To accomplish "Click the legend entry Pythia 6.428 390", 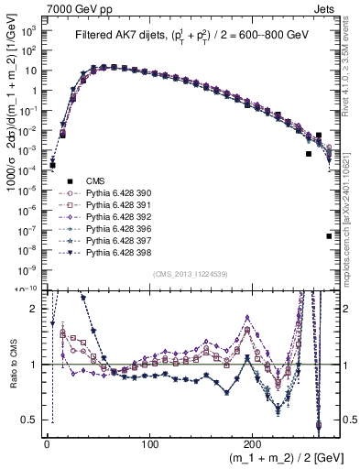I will coord(116,194).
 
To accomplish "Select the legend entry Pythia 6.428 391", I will coord(116,206).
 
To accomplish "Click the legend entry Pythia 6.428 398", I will coord(116,252).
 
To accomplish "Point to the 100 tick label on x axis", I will coord(150,442).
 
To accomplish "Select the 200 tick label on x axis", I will coord(256,442).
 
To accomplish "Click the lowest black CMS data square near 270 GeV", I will coord(329,236).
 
